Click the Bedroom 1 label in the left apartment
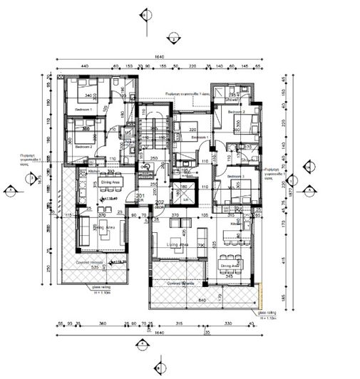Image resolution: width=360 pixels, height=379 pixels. point(84,109)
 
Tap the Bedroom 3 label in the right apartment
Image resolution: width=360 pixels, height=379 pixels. point(236,175)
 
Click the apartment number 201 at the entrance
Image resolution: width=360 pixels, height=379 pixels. point(140,196)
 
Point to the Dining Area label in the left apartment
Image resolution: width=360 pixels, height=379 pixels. point(110,182)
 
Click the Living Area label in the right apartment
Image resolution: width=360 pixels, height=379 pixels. point(177,244)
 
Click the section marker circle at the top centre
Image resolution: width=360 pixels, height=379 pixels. point(146,14)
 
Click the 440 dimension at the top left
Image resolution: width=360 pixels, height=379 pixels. point(83,66)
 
